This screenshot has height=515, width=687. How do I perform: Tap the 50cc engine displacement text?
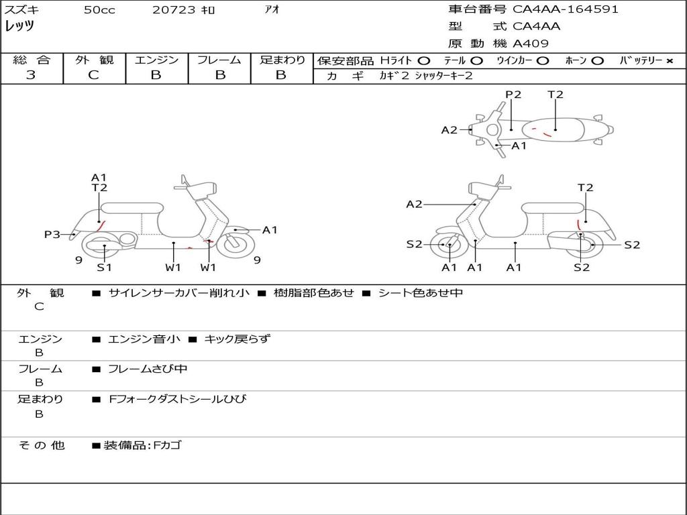[x=99, y=10]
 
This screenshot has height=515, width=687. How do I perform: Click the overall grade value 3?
[x=31, y=75]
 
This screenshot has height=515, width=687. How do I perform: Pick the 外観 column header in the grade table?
[x=94, y=60]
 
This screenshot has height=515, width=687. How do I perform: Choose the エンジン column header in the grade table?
[x=156, y=60]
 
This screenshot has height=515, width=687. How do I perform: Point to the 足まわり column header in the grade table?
[x=282, y=60]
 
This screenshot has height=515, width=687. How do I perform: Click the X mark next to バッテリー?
[x=670, y=61]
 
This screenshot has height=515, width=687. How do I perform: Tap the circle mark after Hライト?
[x=424, y=61]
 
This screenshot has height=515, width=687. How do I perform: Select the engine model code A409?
[x=531, y=44]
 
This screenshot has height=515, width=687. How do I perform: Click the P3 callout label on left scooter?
[x=52, y=235]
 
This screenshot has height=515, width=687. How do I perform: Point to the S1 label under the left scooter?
[x=104, y=268]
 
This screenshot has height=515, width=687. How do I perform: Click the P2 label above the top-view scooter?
[x=513, y=95]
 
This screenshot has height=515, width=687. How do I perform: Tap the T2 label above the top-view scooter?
[x=556, y=95]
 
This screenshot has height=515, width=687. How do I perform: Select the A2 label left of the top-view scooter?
[x=449, y=130]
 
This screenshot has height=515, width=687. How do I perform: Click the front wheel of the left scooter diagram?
[x=235, y=243]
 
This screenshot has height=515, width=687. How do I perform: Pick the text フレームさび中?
[x=148, y=369]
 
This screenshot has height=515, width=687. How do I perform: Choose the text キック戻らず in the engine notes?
[x=237, y=339]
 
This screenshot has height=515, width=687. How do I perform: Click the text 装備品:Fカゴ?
[x=142, y=445]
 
